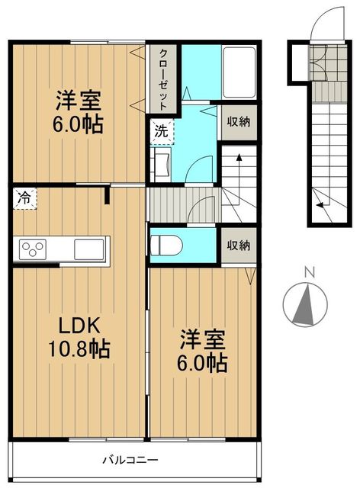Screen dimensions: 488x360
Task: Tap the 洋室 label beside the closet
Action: pos(79,111)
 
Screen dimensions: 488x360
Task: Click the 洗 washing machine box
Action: pos(162,130)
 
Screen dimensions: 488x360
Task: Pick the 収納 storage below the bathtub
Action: pos(239,122)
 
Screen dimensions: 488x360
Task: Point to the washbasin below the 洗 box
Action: pos(162,161)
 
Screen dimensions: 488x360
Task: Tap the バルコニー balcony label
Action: pos(131,461)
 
